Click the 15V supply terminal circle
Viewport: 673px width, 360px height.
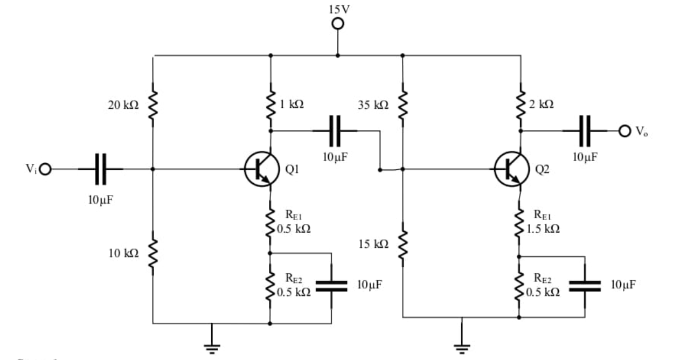[x=338, y=24]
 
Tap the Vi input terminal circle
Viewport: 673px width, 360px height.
[x=45, y=169]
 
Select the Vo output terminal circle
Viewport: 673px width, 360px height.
[x=625, y=130]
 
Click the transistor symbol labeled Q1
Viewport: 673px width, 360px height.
[x=261, y=169]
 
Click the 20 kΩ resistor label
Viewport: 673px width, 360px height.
[x=123, y=106]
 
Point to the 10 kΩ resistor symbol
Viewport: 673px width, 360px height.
[x=153, y=251]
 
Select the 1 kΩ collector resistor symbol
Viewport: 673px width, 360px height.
[x=270, y=103]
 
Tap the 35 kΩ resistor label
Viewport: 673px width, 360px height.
[x=373, y=106]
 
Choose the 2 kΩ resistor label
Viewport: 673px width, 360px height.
[x=541, y=105]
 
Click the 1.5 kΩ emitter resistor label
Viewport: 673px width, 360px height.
[x=543, y=229]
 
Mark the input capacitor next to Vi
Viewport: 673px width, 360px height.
[x=101, y=169]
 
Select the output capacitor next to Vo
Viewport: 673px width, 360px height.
[x=585, y=130]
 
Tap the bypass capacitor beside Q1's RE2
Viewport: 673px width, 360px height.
[x=331, y=286]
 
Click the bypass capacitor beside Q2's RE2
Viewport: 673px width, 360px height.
[x=585, y=286]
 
